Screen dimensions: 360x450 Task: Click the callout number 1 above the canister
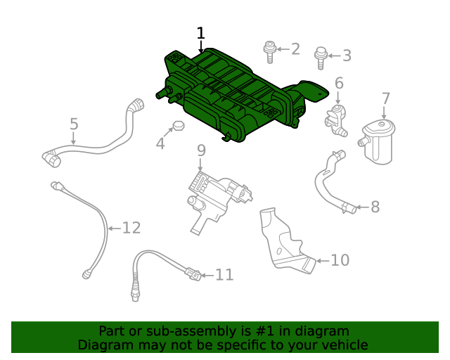[201, 33]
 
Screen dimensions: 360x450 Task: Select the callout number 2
[295, 49]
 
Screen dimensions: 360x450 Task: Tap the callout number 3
[347, 56]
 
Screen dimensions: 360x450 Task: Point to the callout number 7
[385, 98]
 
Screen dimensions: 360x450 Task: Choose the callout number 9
[200, 150]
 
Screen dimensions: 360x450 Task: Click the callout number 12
[131, 228]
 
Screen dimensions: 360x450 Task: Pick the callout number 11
[224, 275]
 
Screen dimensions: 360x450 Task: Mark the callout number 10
[339, 260]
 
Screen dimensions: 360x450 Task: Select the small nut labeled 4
[177, 127]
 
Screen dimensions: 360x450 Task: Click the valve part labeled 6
[336, 118]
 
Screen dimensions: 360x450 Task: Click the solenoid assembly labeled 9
[214, 197]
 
